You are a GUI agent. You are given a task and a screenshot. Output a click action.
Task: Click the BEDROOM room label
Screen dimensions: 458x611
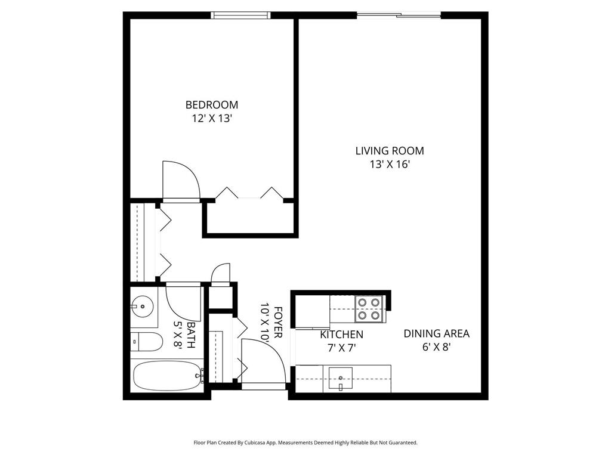(211, 105)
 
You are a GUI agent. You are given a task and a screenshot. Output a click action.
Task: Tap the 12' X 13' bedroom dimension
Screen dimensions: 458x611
(211, 119)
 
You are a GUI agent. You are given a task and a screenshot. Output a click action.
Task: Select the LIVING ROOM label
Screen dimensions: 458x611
(390, 151)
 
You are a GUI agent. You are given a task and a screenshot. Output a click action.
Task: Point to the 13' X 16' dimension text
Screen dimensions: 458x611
(390, 165)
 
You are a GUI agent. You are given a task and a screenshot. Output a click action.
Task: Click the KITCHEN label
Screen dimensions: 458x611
(341, 335)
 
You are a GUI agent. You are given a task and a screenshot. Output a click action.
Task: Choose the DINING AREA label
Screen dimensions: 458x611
(436, 333)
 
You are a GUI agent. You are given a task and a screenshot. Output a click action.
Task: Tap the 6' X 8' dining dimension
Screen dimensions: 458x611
(436, 347)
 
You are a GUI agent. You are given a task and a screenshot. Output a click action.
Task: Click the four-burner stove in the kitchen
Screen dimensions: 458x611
(369, 309)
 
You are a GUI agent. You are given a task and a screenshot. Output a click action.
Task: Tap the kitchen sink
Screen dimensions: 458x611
(340, 378)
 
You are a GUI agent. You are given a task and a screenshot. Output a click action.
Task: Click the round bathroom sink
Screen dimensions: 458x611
(143, 307)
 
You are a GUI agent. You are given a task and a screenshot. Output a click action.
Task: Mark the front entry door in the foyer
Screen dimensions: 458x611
(263, 362)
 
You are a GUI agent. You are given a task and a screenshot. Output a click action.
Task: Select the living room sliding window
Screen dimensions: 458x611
(399, 15)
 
